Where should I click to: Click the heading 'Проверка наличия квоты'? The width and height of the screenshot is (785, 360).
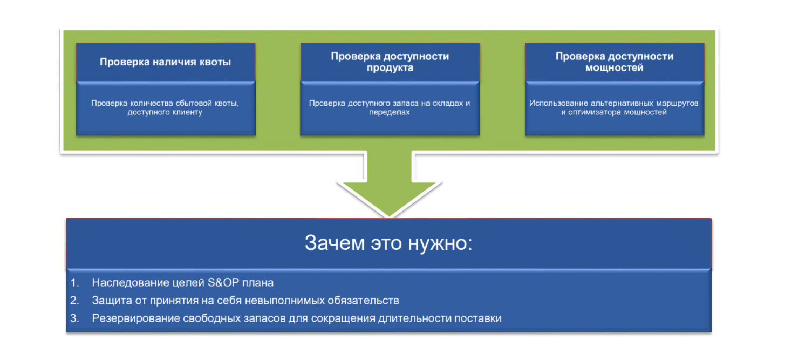tap(165, 62)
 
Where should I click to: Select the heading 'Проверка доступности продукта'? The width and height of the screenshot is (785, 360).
tap(390, 62)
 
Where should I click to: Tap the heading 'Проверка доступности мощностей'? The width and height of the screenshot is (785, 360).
tap(614, 62)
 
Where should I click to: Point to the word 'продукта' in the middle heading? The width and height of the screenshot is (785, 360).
tap(390, 69)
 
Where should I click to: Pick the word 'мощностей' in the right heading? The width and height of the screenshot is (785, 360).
tap(614, 69)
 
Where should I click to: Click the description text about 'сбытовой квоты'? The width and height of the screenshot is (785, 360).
tap(165, 108)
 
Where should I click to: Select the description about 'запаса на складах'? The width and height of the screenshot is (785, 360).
tap(390, 108)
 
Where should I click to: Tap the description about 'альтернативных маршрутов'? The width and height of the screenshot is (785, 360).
tap(614, 108)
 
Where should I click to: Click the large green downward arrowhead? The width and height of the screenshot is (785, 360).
tap(389, 197)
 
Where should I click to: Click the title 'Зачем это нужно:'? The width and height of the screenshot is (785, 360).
tap(388, 243)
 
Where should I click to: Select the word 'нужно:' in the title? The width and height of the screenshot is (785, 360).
tap(446, 243)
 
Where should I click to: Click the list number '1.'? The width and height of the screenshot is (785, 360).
tap(75, 282)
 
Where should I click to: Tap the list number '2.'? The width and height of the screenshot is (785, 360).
tap(75, 300)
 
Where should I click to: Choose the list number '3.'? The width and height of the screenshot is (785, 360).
tap(75, 318)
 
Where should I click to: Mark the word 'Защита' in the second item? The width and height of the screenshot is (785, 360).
tap(108, 300)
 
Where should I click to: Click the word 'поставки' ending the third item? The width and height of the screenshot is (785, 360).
tap(479, 318)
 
